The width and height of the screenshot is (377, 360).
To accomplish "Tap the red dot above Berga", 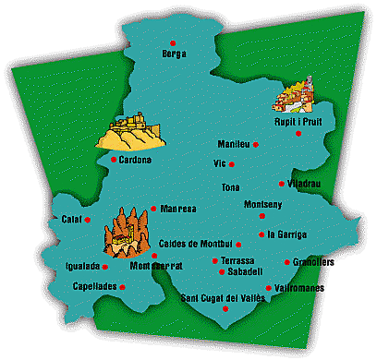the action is pyautogui.click(x=173, y=42).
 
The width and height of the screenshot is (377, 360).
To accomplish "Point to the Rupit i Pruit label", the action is pyautogui.click(x=298, y=121).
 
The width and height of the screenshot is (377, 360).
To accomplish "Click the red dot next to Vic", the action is pyautogui.click(x=232, y=164).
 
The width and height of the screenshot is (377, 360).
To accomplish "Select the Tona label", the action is pyautogui.click(x=230, y=187).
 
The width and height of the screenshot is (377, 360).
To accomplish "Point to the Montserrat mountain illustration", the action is pyautogui.click(x=125, y=231).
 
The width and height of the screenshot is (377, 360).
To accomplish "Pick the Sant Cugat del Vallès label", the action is pyautogui.click(x=222, y=296).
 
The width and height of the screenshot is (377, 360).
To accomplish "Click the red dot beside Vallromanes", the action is pyautogui.click(x=268, y=288).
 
